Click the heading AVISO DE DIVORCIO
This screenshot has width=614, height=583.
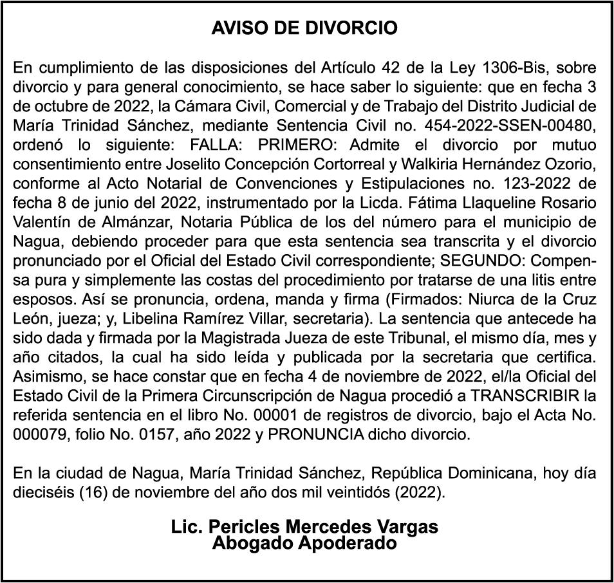pos(304,28)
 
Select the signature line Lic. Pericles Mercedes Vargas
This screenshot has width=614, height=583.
pos(304,527)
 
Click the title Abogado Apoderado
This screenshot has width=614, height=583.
pos(304,542)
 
